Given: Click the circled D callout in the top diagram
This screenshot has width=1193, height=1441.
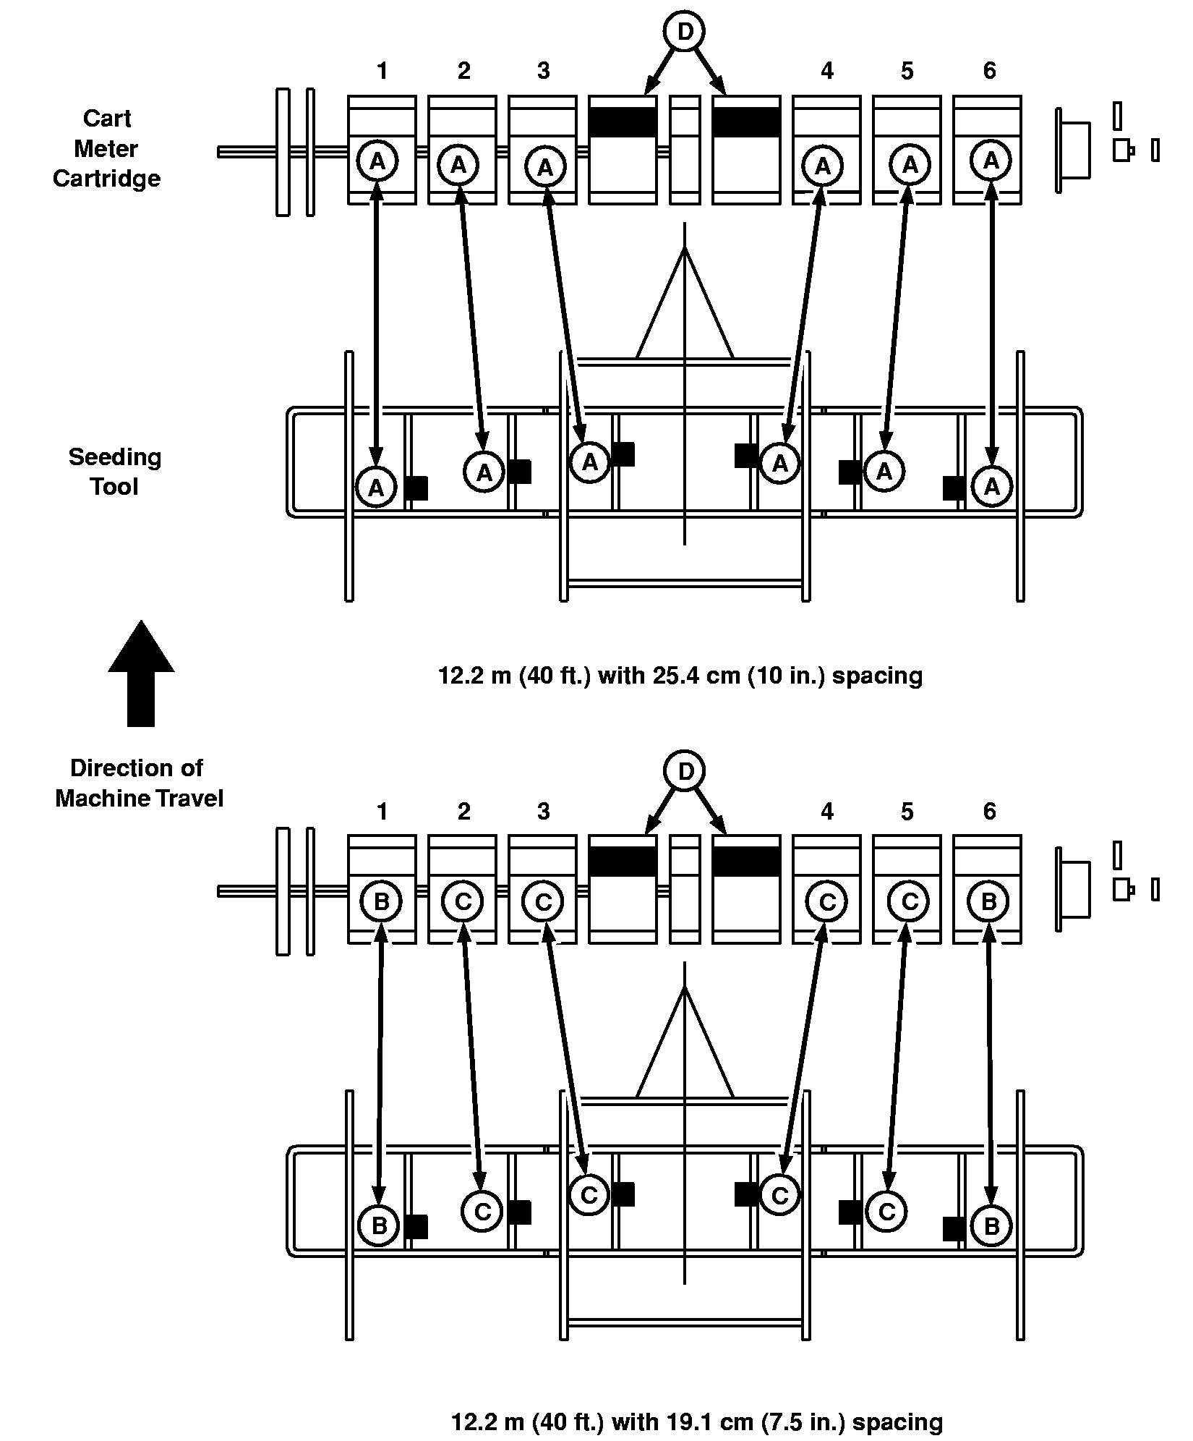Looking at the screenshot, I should click(x=685, y=32).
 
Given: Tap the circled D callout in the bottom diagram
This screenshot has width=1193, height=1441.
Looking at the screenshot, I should click(x=685, y=772).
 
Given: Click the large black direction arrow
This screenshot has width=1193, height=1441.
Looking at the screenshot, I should click(x=141, y=673).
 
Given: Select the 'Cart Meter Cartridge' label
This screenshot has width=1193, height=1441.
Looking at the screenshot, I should click(x=106, y=148).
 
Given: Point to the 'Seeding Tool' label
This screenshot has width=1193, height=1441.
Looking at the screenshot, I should click(x=115, y=472).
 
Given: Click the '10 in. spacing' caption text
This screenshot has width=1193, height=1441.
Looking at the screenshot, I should click(x=680, y=676).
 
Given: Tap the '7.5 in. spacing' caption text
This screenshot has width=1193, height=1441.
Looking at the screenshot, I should click(x=696, y=1421).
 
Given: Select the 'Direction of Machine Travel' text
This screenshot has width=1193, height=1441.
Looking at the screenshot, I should click(x=139, y=783).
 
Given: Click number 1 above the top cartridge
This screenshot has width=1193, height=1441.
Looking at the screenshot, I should click(x=382, y=71).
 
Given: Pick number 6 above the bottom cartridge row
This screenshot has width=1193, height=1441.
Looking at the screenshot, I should click(x=989, y=812).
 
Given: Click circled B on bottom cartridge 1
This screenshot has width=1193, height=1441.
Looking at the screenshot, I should click(x=382, y=901).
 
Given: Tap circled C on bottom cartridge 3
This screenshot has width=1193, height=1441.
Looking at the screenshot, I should click(x=543, y=901).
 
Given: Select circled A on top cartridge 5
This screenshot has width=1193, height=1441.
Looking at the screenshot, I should click(x=910, y=165).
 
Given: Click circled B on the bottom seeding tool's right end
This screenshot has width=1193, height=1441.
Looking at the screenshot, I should click(x=991, y=1225).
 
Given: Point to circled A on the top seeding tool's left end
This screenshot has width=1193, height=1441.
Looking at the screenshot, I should click(x=376, y=488).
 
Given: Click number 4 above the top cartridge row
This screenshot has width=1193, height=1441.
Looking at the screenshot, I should click(x=827, y=71).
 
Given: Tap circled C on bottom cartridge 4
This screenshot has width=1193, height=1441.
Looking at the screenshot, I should click(x=828, y=901).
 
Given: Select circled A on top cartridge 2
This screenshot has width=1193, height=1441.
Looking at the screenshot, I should click(x=458, y=165).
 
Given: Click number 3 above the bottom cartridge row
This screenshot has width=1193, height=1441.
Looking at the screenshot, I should click(x=543, y=812).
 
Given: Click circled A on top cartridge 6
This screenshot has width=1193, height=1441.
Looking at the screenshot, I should click(x=991, y=160).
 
